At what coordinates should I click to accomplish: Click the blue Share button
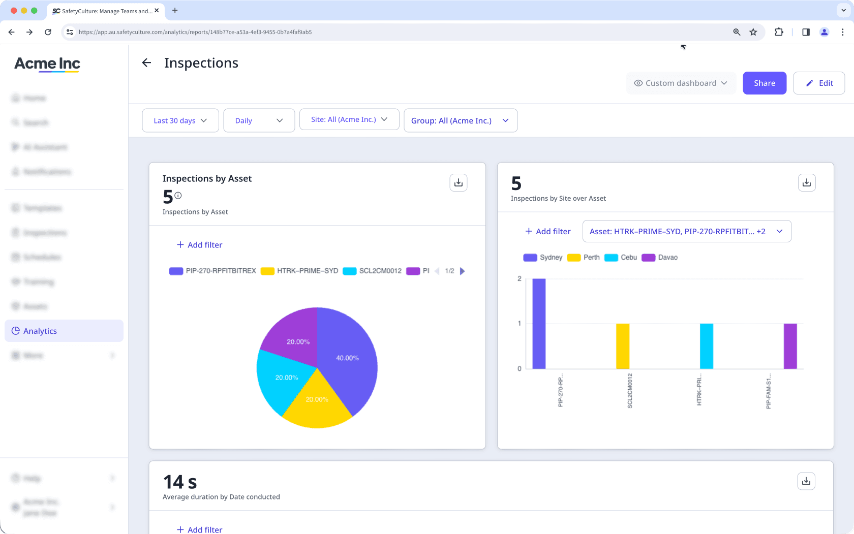tap(764, 83)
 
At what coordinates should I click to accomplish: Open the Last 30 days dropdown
tap(180, 120)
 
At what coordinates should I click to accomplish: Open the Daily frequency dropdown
tap(259, 120)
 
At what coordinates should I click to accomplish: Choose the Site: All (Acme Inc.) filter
tap(349, 119)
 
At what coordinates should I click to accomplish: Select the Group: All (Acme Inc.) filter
tap(460, 120)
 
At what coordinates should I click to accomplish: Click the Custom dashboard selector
tap(681, 83)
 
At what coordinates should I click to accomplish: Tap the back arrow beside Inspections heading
tap(146, 62)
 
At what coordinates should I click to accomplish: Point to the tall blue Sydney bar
tap(539, 323)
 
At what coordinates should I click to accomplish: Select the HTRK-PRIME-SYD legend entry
tap(300, 271)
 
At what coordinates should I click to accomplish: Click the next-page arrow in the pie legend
tap(463, 271)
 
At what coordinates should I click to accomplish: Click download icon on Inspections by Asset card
tap(458, 182)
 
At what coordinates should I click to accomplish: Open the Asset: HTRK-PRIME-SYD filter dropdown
tap(686, 231)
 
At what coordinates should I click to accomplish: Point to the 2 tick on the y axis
tap(520, 278)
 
